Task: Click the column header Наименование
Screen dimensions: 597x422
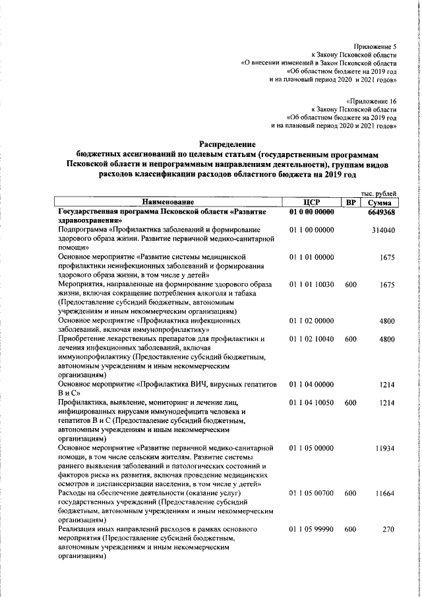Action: click(x=167, y=201)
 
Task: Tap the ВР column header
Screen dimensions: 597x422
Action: click(x=351, y=201)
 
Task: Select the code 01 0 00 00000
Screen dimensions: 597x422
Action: click(x=312, y=210)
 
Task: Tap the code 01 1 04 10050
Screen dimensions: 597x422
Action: click(x=312, y=402)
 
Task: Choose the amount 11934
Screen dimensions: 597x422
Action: click(x=383, y=448)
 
